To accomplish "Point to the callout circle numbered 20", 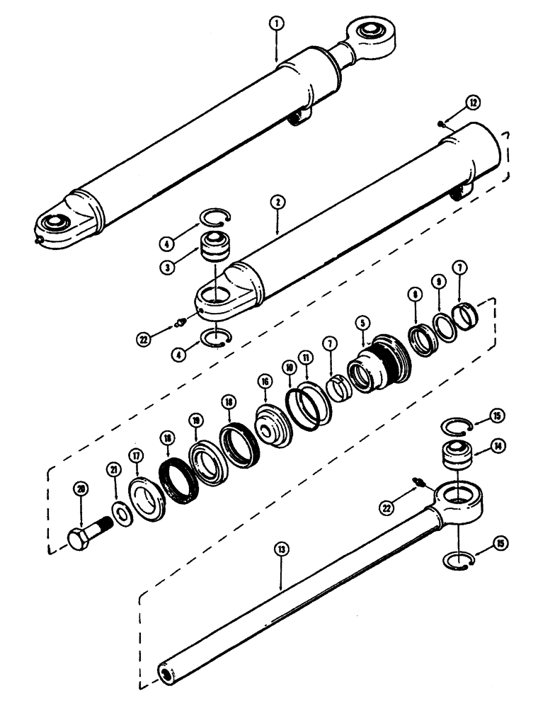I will (81, 489).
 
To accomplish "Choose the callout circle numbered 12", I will (472, 103).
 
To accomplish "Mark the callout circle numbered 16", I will (265, 382).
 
